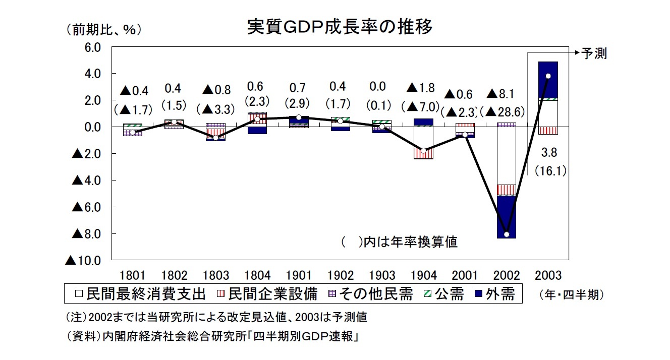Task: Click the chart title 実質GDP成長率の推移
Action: point(340,27)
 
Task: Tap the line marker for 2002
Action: point(506,234)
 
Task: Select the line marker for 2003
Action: point(548,76)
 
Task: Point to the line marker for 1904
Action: point(424,151)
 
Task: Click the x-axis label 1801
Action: point(133,276)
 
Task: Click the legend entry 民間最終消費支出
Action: point(141,294)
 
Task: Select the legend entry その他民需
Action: point(370,294)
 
